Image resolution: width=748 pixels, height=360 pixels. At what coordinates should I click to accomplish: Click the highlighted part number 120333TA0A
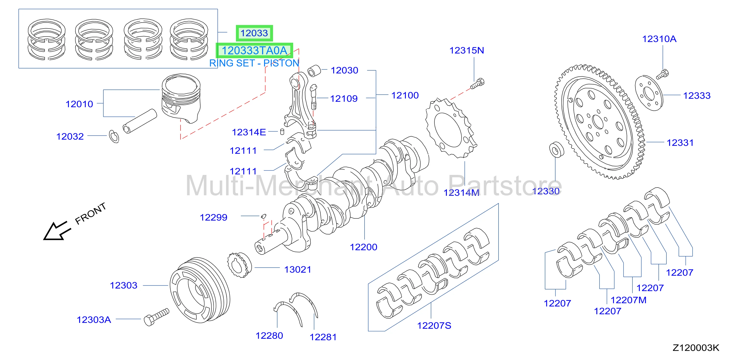click(x=254, y=50)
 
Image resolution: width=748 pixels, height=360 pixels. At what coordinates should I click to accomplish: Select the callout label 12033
click(x=254, y=33)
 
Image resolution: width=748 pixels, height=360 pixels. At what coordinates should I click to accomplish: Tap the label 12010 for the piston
click(x=79, y=104)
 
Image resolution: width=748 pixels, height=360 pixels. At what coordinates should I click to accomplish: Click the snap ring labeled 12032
click(x=114, y=136)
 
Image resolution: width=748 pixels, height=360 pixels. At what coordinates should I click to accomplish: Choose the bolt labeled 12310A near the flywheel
click(x=662, y=74)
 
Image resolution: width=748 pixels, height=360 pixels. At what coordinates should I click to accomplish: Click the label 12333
click(x=697, y=96)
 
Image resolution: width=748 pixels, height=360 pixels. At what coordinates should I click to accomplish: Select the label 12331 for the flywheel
click(x=680, y=143)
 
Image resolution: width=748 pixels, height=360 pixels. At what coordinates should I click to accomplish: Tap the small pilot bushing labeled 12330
click(x=557, y=149)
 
